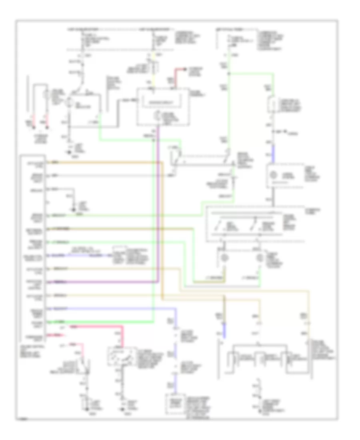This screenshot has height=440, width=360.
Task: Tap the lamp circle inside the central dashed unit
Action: [158, 116]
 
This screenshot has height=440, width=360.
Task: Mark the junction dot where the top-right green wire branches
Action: [229, 73]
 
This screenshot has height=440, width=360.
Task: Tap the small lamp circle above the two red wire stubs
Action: [47, 96]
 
